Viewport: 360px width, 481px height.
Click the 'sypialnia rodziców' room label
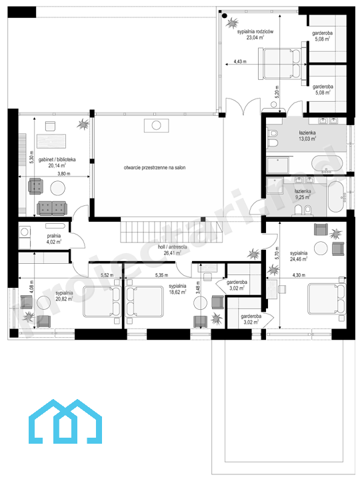coord(255,31)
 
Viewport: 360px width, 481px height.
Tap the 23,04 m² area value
coord(255,37)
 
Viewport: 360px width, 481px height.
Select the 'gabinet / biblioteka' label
coord(57,159)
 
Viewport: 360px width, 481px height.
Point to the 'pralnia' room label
coord(54,236)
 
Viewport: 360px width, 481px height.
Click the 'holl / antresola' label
coord(172,247)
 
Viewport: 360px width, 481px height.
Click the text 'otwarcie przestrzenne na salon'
coord(155,167)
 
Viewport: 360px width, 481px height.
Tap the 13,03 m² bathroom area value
coord(307,139)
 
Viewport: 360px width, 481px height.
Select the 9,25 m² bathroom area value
coord(303,197)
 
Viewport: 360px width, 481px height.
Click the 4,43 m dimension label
coord(240,61)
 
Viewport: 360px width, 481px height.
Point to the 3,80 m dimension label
coord(64,174)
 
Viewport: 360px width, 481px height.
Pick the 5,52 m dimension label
coord(107,275)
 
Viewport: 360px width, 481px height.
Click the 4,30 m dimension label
coord(299,275)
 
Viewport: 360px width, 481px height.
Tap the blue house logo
coord(65,422)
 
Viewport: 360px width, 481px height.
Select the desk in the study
coord(51,141)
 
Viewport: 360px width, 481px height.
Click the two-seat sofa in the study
coord(51,209)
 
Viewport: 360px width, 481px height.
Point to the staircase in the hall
coord(171,231)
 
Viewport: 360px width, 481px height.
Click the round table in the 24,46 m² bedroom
coord(321,248)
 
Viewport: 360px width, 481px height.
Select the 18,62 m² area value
coord(177,292)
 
